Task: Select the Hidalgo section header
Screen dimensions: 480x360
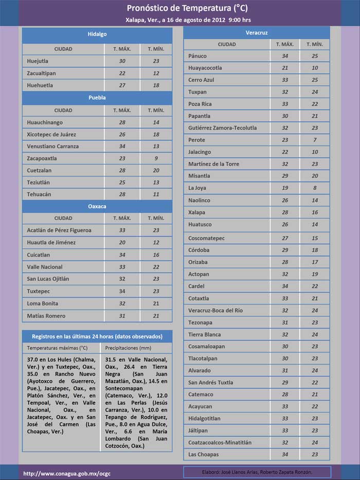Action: click(97, 34)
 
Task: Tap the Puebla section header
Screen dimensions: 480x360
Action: click(97, 97)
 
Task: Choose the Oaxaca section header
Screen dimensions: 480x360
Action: click(97, 206)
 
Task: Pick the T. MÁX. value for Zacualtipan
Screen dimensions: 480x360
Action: click(122, 74)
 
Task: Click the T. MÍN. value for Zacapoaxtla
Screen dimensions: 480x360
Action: click(156, 158)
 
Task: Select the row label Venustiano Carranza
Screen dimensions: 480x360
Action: click(52, 147)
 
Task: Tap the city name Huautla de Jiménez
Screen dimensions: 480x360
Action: click(51, 243)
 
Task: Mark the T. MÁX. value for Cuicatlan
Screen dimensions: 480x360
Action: click(122, 255)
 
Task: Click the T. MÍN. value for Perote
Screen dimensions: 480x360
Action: click(315, 140)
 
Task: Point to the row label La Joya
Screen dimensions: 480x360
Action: click(197, 188)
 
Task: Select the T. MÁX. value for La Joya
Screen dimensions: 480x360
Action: click(285, 188)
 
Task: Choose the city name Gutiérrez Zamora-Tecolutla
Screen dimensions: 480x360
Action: click(222, 128)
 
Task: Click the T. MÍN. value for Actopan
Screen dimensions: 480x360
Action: click(315, 274)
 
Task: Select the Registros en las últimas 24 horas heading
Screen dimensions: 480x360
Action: click(97, 336)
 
